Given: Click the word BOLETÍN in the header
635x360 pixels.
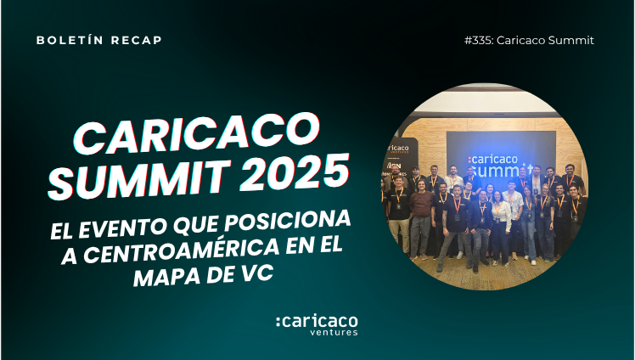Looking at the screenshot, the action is pos(70,40).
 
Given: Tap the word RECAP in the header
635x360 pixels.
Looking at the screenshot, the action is pos(136,40).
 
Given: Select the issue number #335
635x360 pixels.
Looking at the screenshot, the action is pos(479,41).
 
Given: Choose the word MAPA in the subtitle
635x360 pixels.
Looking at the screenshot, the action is pos(166,277).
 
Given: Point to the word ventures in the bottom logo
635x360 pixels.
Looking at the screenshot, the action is pos(334,332).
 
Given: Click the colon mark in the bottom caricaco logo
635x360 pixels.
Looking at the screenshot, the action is pos(278,322).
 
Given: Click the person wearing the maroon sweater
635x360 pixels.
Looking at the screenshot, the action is pos(421,219).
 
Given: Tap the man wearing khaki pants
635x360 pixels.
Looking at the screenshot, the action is pos(398,215).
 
